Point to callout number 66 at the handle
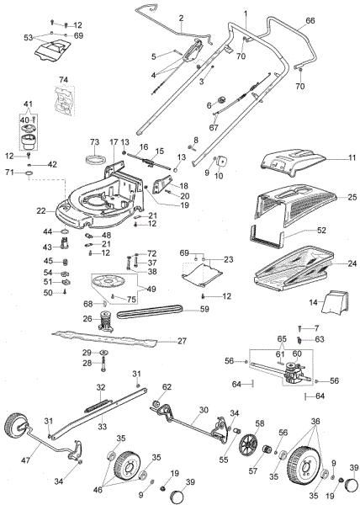[x=310, y=19]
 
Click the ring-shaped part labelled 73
[x=94, y=161]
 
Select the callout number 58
[x=259, y=423]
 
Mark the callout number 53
[x=28, y=37]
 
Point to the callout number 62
[x=167, y=386]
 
